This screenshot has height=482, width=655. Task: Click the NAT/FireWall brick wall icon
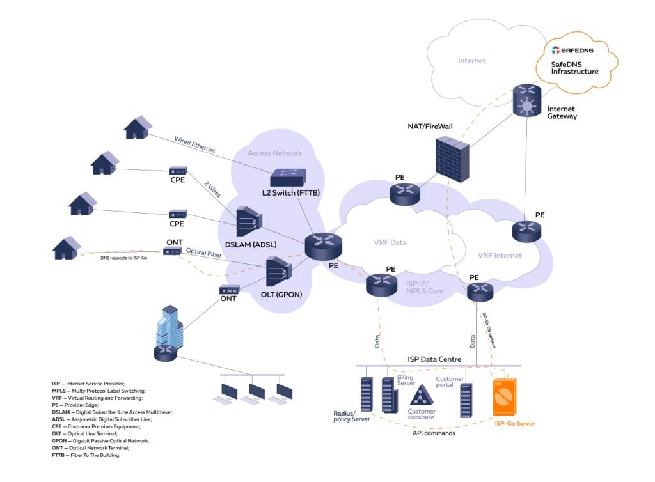point(453,157)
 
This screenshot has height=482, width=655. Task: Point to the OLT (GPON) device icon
point(278,272)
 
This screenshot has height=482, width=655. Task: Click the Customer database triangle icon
point(422,395)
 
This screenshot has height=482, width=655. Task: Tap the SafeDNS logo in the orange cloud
point(572,51)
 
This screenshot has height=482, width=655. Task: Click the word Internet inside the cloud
point(471,61)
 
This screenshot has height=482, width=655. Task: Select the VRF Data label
point(390,242)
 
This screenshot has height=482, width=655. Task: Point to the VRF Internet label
point(500,256)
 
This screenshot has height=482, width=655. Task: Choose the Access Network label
point(274,153)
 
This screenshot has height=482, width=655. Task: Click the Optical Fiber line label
point(203,253)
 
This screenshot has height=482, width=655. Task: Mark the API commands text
point(434,433)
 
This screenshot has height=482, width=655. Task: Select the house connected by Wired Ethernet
point(138,127)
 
